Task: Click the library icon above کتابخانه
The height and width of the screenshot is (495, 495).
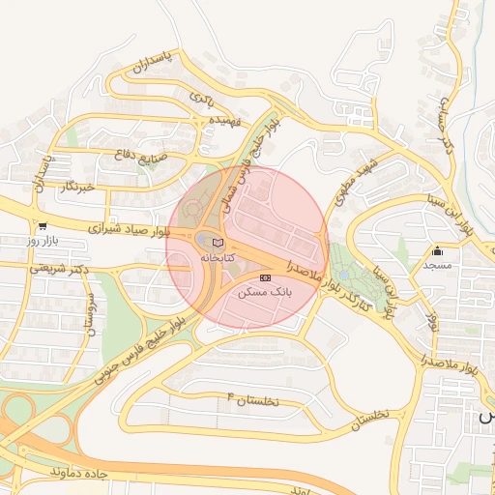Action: click(217, 242)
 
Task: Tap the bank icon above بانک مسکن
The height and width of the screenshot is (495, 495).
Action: click(265, 277)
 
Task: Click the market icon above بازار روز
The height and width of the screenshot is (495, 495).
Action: click(42, 224)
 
